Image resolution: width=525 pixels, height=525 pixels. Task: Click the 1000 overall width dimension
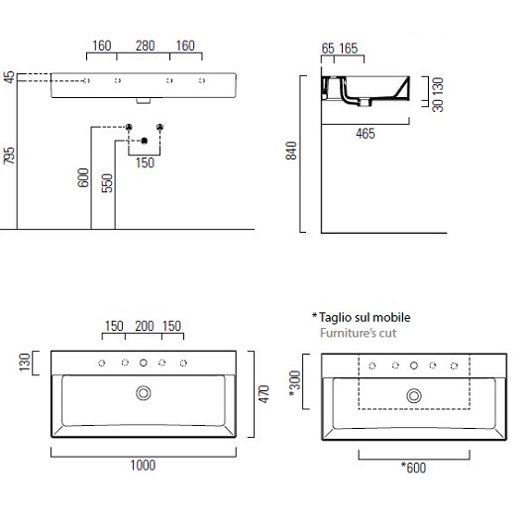[143, 466]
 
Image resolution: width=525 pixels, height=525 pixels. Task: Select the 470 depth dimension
[263, 393]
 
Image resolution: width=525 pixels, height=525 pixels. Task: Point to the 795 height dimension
[10, 158]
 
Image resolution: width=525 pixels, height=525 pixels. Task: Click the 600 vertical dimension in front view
[84, 177]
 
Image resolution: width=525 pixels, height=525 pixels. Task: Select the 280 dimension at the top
[145, 45]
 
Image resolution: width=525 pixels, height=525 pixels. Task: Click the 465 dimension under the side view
[365, 134]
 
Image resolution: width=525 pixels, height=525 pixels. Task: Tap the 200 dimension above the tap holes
[145, 326]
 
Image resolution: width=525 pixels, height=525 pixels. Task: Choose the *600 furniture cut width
[413, 467]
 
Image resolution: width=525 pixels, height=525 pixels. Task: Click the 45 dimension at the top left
[10, 77]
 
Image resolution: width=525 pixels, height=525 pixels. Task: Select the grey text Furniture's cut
[358, 333]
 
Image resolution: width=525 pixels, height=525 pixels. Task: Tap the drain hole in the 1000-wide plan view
[145, 394]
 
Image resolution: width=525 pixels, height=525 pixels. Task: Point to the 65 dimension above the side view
[328, 48]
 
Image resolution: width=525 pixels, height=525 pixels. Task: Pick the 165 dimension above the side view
[348, 48]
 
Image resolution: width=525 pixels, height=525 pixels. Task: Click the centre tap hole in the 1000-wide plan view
[145, 364]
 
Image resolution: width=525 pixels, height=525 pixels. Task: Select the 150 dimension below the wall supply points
[145, 162]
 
